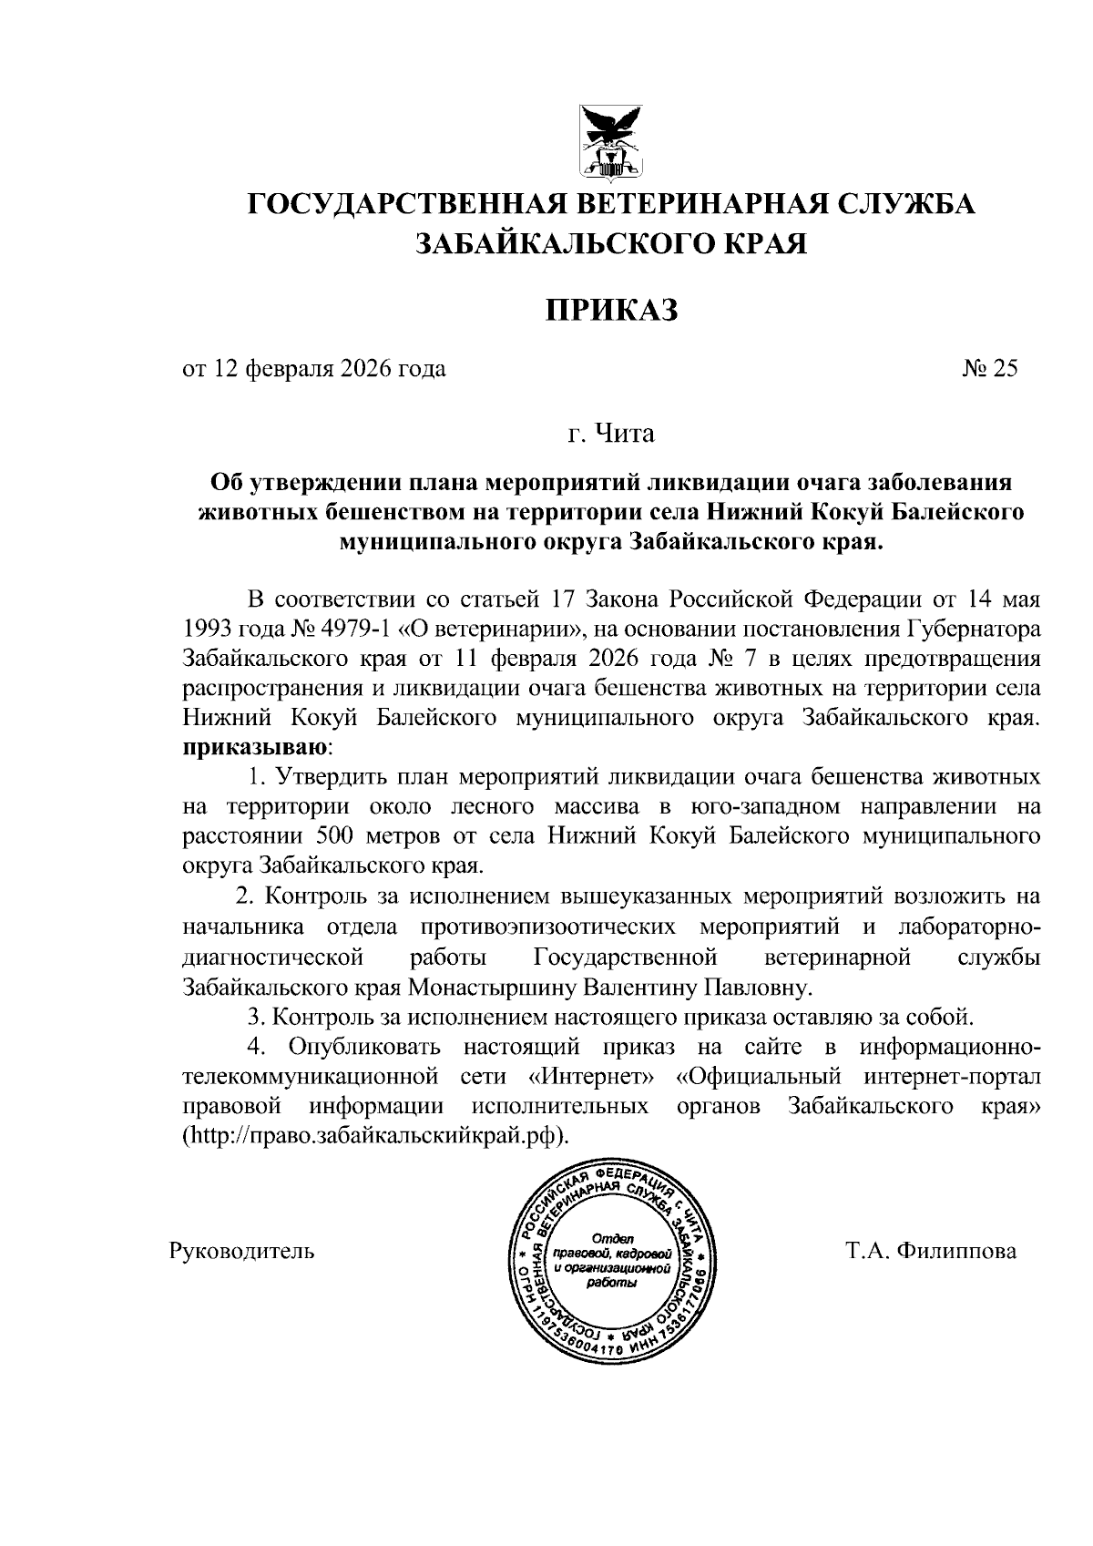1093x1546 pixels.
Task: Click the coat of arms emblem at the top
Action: click(x=612, y=141)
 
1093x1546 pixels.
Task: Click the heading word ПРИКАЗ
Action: click(x=612, y=311)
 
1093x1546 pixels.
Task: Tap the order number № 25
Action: click(x=989, y=369)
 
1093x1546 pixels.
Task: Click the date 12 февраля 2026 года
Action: click(x=329, y=369)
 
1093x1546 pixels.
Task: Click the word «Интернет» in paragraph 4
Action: click(x=591, y=1077)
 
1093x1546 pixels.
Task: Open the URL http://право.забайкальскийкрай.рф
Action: click(x=374, y=1137)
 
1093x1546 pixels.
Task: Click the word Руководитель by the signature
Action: click(x=242, y=1251)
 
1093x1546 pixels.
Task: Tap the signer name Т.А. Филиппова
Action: click(x=930, y=1251)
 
